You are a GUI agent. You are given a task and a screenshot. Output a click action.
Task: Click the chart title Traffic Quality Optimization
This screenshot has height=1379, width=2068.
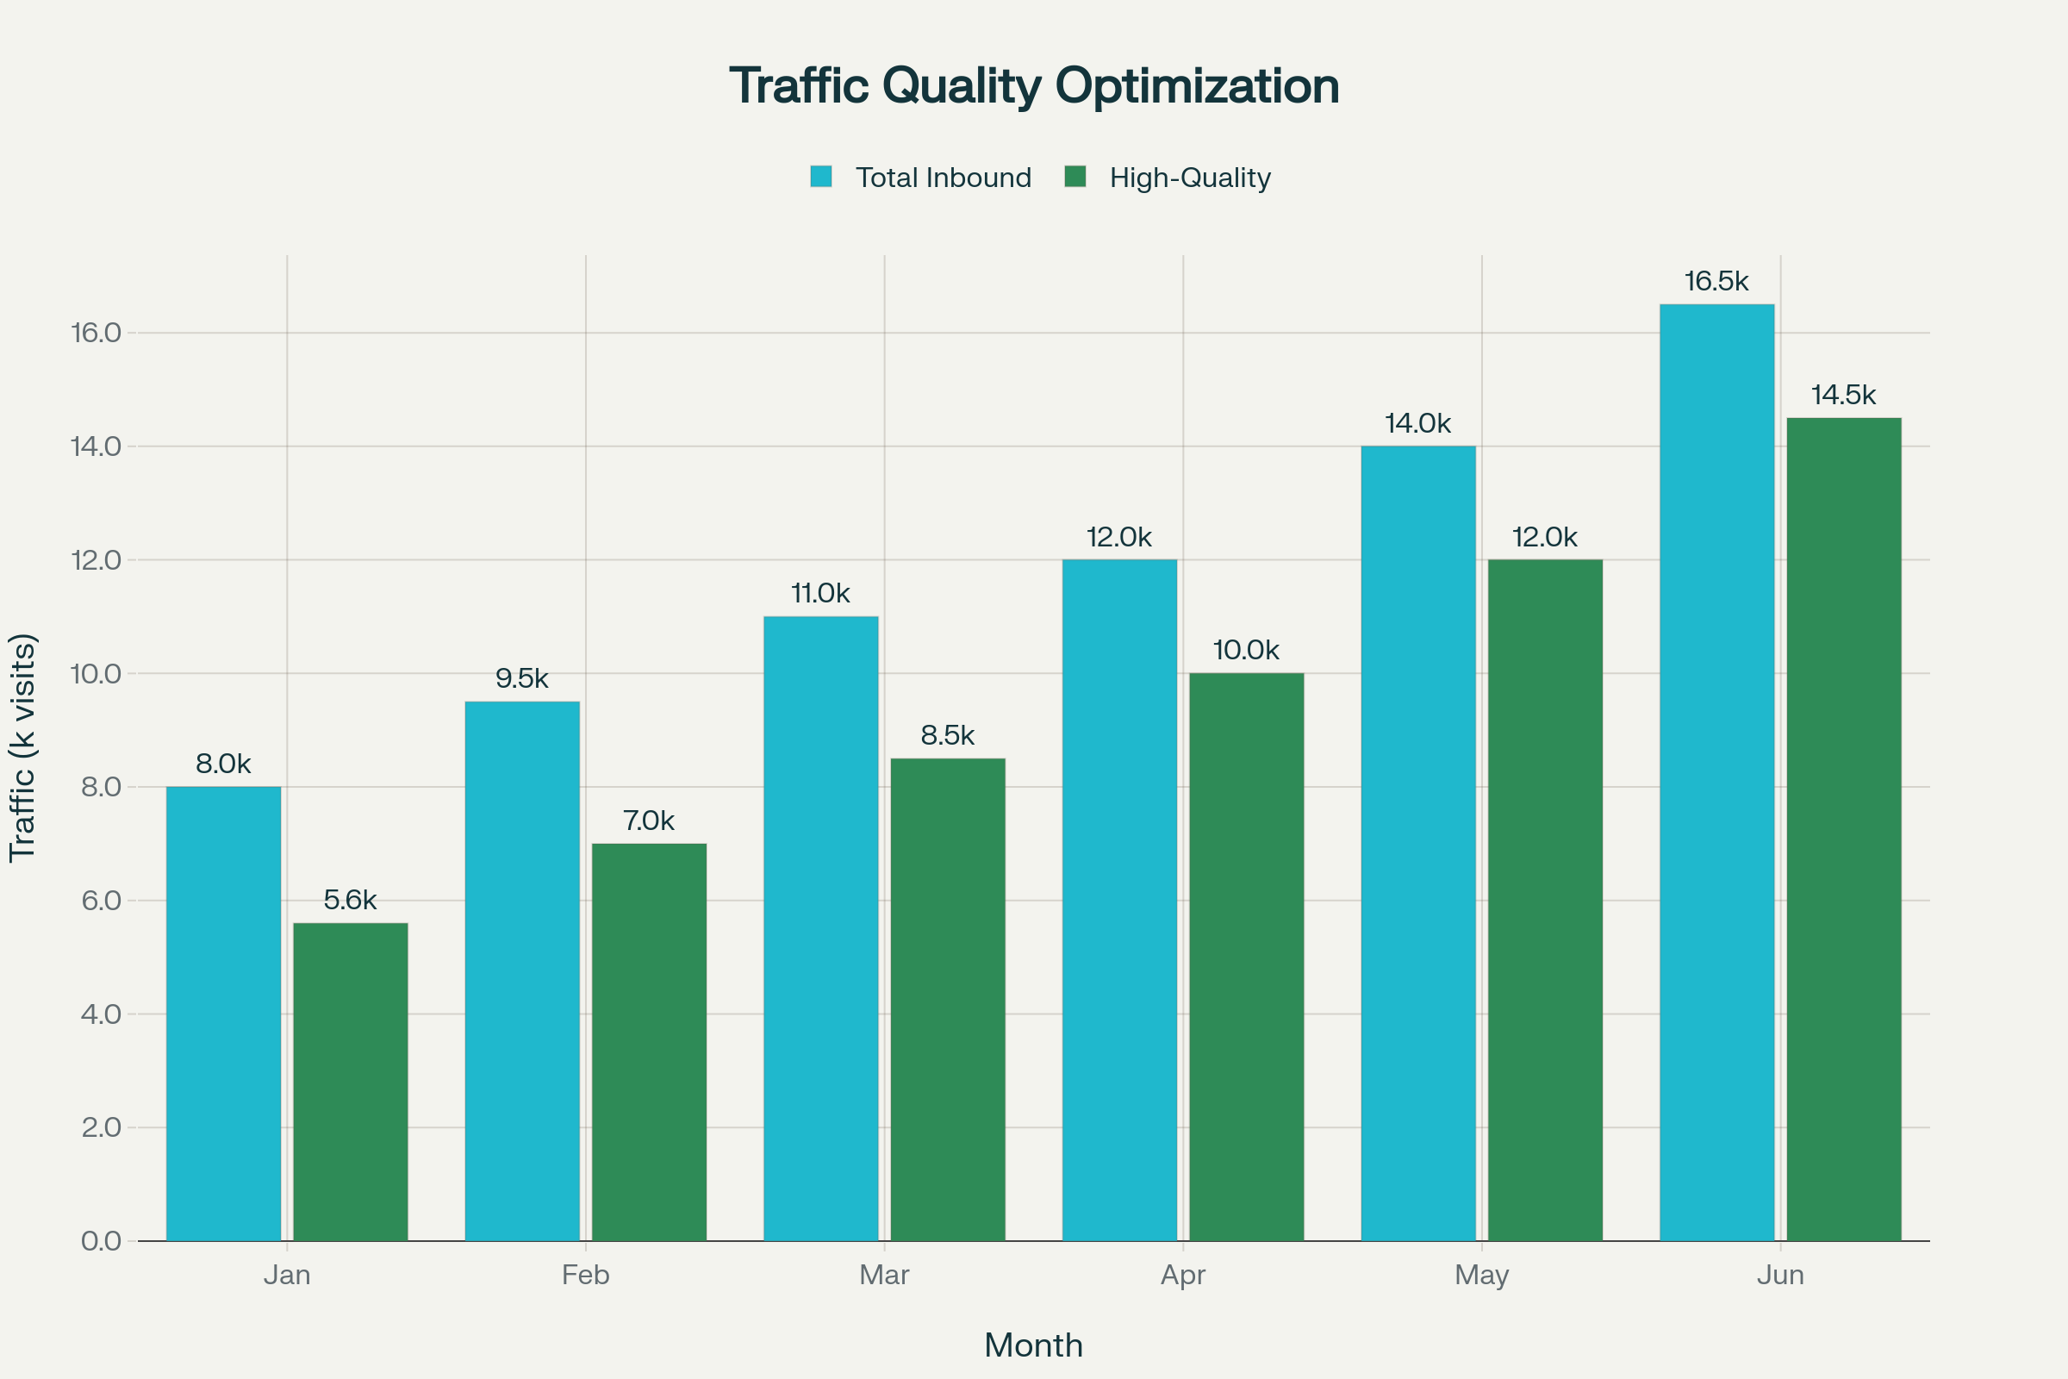coord(1034,86)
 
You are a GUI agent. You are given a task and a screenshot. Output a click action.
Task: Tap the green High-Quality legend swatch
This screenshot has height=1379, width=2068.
coord(1074,177)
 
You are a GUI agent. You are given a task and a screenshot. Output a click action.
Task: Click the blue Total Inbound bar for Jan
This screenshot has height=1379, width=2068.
coord(223,1014)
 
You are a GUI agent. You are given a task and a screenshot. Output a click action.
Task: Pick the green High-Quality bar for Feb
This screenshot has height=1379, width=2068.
coord(649,1042)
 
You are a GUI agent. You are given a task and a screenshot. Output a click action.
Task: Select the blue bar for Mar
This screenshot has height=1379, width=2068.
coord(820,928)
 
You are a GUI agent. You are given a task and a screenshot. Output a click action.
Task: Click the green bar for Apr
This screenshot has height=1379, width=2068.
coord(1246,957)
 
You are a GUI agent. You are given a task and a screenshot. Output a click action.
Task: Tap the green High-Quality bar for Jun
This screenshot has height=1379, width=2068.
coord(1844,829)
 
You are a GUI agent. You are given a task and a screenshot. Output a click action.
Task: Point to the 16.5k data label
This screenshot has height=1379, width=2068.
coord(1716,282)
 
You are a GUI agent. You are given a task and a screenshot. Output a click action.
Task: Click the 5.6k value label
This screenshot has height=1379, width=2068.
coord(350,900)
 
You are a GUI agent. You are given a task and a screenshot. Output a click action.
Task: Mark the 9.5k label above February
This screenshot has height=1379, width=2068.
coord(521,678)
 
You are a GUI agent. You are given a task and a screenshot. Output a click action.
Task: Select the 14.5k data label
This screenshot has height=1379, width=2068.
coord(1844,395)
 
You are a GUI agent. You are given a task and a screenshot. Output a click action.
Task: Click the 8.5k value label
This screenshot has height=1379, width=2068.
coord(947,735)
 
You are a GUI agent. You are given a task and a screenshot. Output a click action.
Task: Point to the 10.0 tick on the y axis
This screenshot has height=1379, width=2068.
coord(96,674)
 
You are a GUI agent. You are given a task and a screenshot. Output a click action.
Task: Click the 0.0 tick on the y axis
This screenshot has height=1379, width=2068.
coord(101,1241)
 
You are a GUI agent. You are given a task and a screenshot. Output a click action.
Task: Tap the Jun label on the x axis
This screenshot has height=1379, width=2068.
coord(1780,1275)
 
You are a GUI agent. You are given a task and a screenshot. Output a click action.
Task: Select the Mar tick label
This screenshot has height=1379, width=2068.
coord(884,1275)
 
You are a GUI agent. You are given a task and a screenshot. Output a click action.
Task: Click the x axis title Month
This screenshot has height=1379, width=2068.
coord(1033,1345)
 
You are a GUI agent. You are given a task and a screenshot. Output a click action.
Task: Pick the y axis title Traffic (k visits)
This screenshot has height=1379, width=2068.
coord(23,747)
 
